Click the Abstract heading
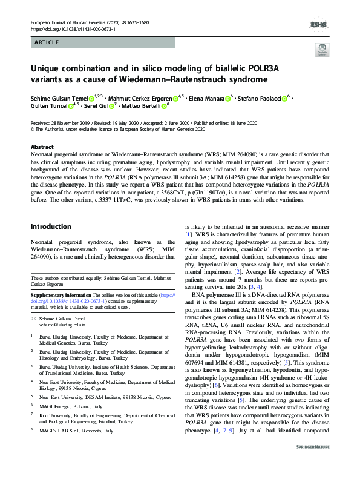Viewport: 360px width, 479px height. coord(42,147)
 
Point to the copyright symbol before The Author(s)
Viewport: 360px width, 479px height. coord(33,128)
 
